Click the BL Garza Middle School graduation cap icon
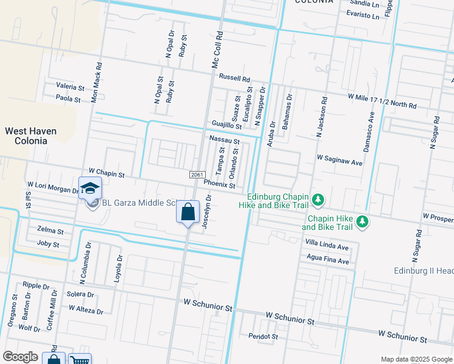coord(90,187)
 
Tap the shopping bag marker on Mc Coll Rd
coord(188,212)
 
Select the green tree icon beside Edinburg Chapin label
coord(317,200)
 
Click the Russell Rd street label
coord(235,78)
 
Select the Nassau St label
coord(225,140)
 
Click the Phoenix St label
coord(219,183)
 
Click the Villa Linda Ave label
coord(327,247)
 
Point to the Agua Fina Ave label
coord(328,261)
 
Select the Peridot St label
coord(263,336)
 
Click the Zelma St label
coord(50,231)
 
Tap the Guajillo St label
coord(226,124)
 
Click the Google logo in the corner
coord(20,357)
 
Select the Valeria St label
coord(70,87)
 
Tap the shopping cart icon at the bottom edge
coord(80,359)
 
